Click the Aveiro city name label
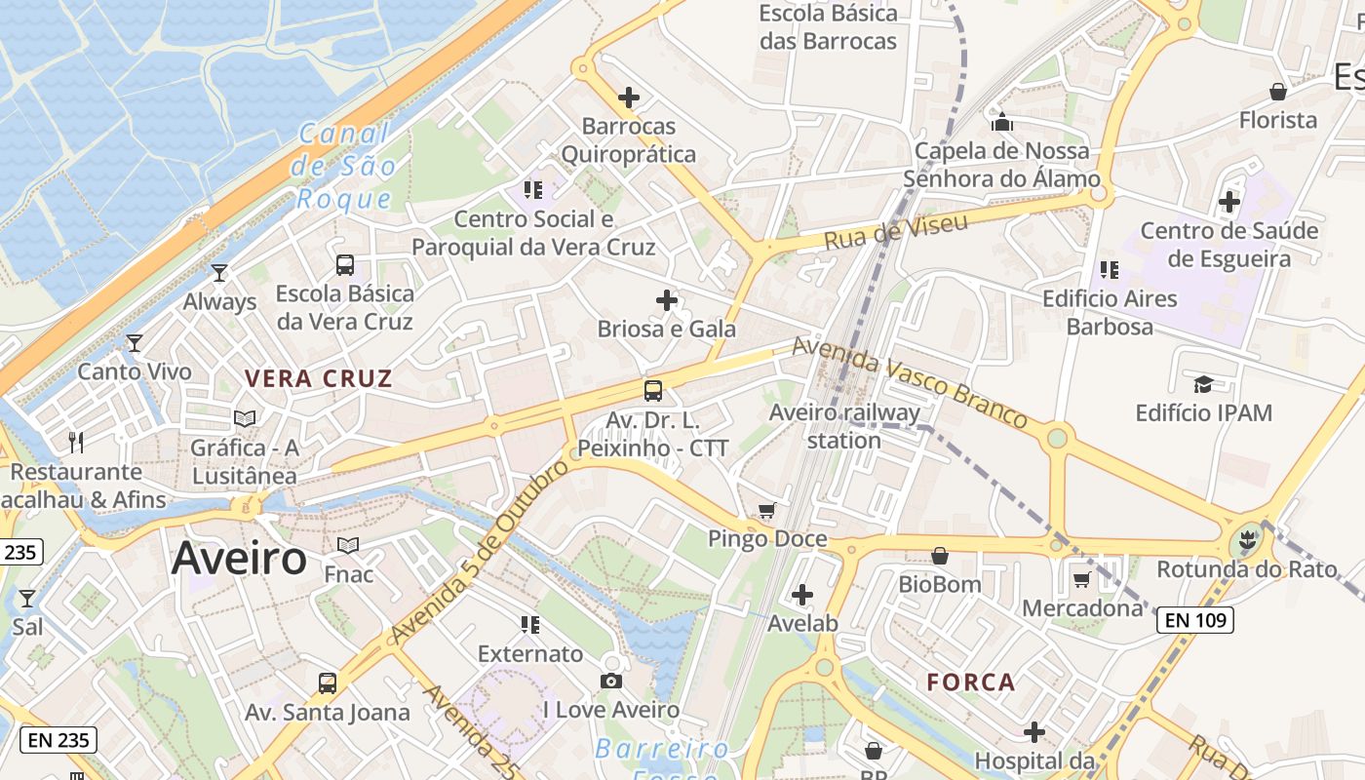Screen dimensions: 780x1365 click(x=239, y=559)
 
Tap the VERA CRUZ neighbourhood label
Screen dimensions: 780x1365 click(x=318, y=379)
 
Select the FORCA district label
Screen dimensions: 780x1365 click(x=971, y=682)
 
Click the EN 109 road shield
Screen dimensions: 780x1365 click(x=1194, y=619)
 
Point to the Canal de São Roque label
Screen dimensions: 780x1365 click(x=344, y=167)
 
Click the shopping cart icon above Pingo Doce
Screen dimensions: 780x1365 click(x=767, y=511)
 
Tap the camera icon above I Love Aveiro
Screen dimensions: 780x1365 click(x=611, y=681)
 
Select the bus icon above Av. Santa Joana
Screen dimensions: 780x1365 click(x=328, y=683)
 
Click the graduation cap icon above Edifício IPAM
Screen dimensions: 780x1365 click(x=1203, y=384)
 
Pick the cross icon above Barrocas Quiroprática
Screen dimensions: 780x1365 click(x=629, y=97)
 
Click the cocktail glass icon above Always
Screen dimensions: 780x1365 click(x=219, y=273)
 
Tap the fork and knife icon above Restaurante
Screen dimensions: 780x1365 click(x=76, y=443)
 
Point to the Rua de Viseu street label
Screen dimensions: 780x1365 click(x=896, y=232)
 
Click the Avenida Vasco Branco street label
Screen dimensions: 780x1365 click(x=909, y=382)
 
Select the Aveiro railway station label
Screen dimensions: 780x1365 click(x=844, y=426)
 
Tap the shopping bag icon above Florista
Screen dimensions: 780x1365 click(x=1277, y=92)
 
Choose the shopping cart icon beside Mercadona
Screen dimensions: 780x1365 click(x=1081, y=580)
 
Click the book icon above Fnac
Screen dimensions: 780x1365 click(x=348, y=545)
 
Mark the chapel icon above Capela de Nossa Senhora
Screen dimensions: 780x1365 click(x=1001, y=122)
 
